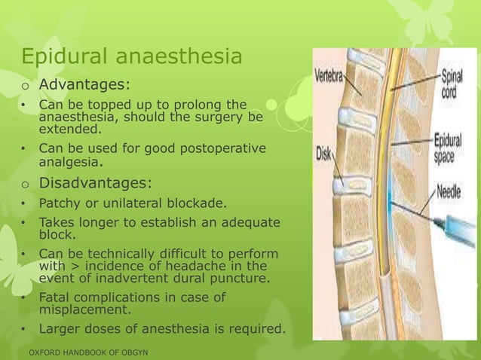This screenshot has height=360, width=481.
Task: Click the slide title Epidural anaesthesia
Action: coord(131,56)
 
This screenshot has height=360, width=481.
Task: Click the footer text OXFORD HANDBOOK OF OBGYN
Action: coord(87,352)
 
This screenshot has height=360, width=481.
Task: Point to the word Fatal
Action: coord(55,297)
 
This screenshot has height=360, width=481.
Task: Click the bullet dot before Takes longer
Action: coord(25,223)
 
